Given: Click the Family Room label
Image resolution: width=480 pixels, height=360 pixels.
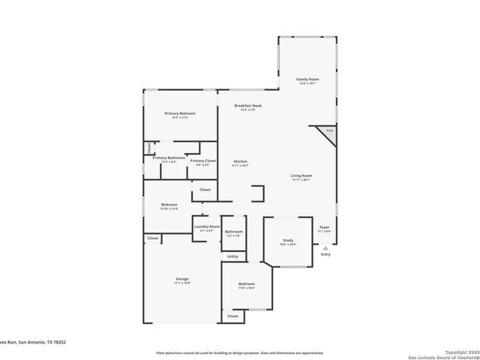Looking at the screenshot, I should pyautogui.click(x=307, y=79).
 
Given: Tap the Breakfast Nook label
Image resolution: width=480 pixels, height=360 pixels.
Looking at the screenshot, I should pyautogui.click(x=247, y=106).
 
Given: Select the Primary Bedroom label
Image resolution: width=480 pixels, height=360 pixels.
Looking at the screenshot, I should pyautogui.click(x=180, y=113).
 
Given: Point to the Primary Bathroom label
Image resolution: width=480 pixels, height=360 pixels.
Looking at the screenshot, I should pyautogui.click(x=169, y=157).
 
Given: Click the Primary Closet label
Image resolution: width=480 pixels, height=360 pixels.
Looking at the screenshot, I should pyautogui.click(x=202, y=160).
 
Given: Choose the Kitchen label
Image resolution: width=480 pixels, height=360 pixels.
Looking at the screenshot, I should pyautogui.click(x=240, y=161).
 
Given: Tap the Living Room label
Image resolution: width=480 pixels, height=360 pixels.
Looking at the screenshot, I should pyautogui.click(x=301, y=175).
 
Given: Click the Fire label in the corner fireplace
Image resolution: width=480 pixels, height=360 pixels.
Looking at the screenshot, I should pyautogui.click(x=328, y=131).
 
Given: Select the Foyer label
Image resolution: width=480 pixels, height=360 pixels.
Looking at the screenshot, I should pyautogui.click(x=325, y=226).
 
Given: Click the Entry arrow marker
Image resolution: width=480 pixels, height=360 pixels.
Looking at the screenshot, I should pyautogui.click(x=325, y=247).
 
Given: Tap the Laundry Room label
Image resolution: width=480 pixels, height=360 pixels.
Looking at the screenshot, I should pyautogui.click(x=206, y=226).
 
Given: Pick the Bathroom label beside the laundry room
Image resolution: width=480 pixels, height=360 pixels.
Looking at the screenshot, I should pyautogui.click(x=233, y=232).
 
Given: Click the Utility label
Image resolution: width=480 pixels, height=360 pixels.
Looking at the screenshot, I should pyautogui.click(x=232, y=256).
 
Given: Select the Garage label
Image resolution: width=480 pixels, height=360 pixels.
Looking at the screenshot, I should pyautogui.click(x=182, y=278).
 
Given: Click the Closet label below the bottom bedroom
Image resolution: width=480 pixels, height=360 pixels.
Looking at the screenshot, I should pyautogui.click(x=232, y=316).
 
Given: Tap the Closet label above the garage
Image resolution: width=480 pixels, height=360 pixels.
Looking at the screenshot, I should pyautogui.click(x=152, y=238).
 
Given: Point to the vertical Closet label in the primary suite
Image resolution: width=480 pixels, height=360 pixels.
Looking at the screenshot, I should pyautogui.click(x=148, y=147).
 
